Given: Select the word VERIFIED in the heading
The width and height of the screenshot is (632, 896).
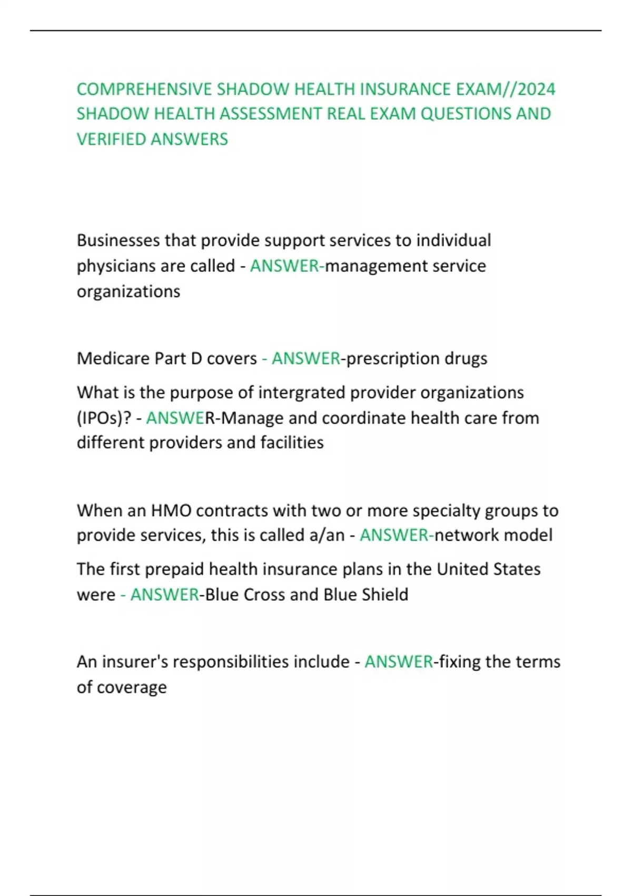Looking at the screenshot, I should point(111,139).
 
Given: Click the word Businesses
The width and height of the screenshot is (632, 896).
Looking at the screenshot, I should point(118,240).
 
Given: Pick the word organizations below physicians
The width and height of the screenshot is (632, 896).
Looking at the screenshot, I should point(129,291).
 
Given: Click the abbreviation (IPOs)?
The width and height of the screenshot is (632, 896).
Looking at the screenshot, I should point(104,418).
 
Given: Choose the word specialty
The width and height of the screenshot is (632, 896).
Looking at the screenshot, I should point(446,511).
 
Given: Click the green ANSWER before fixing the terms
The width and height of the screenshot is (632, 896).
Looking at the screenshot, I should point(398,661).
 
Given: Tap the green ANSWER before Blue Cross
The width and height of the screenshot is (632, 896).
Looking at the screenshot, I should point(164,595).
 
